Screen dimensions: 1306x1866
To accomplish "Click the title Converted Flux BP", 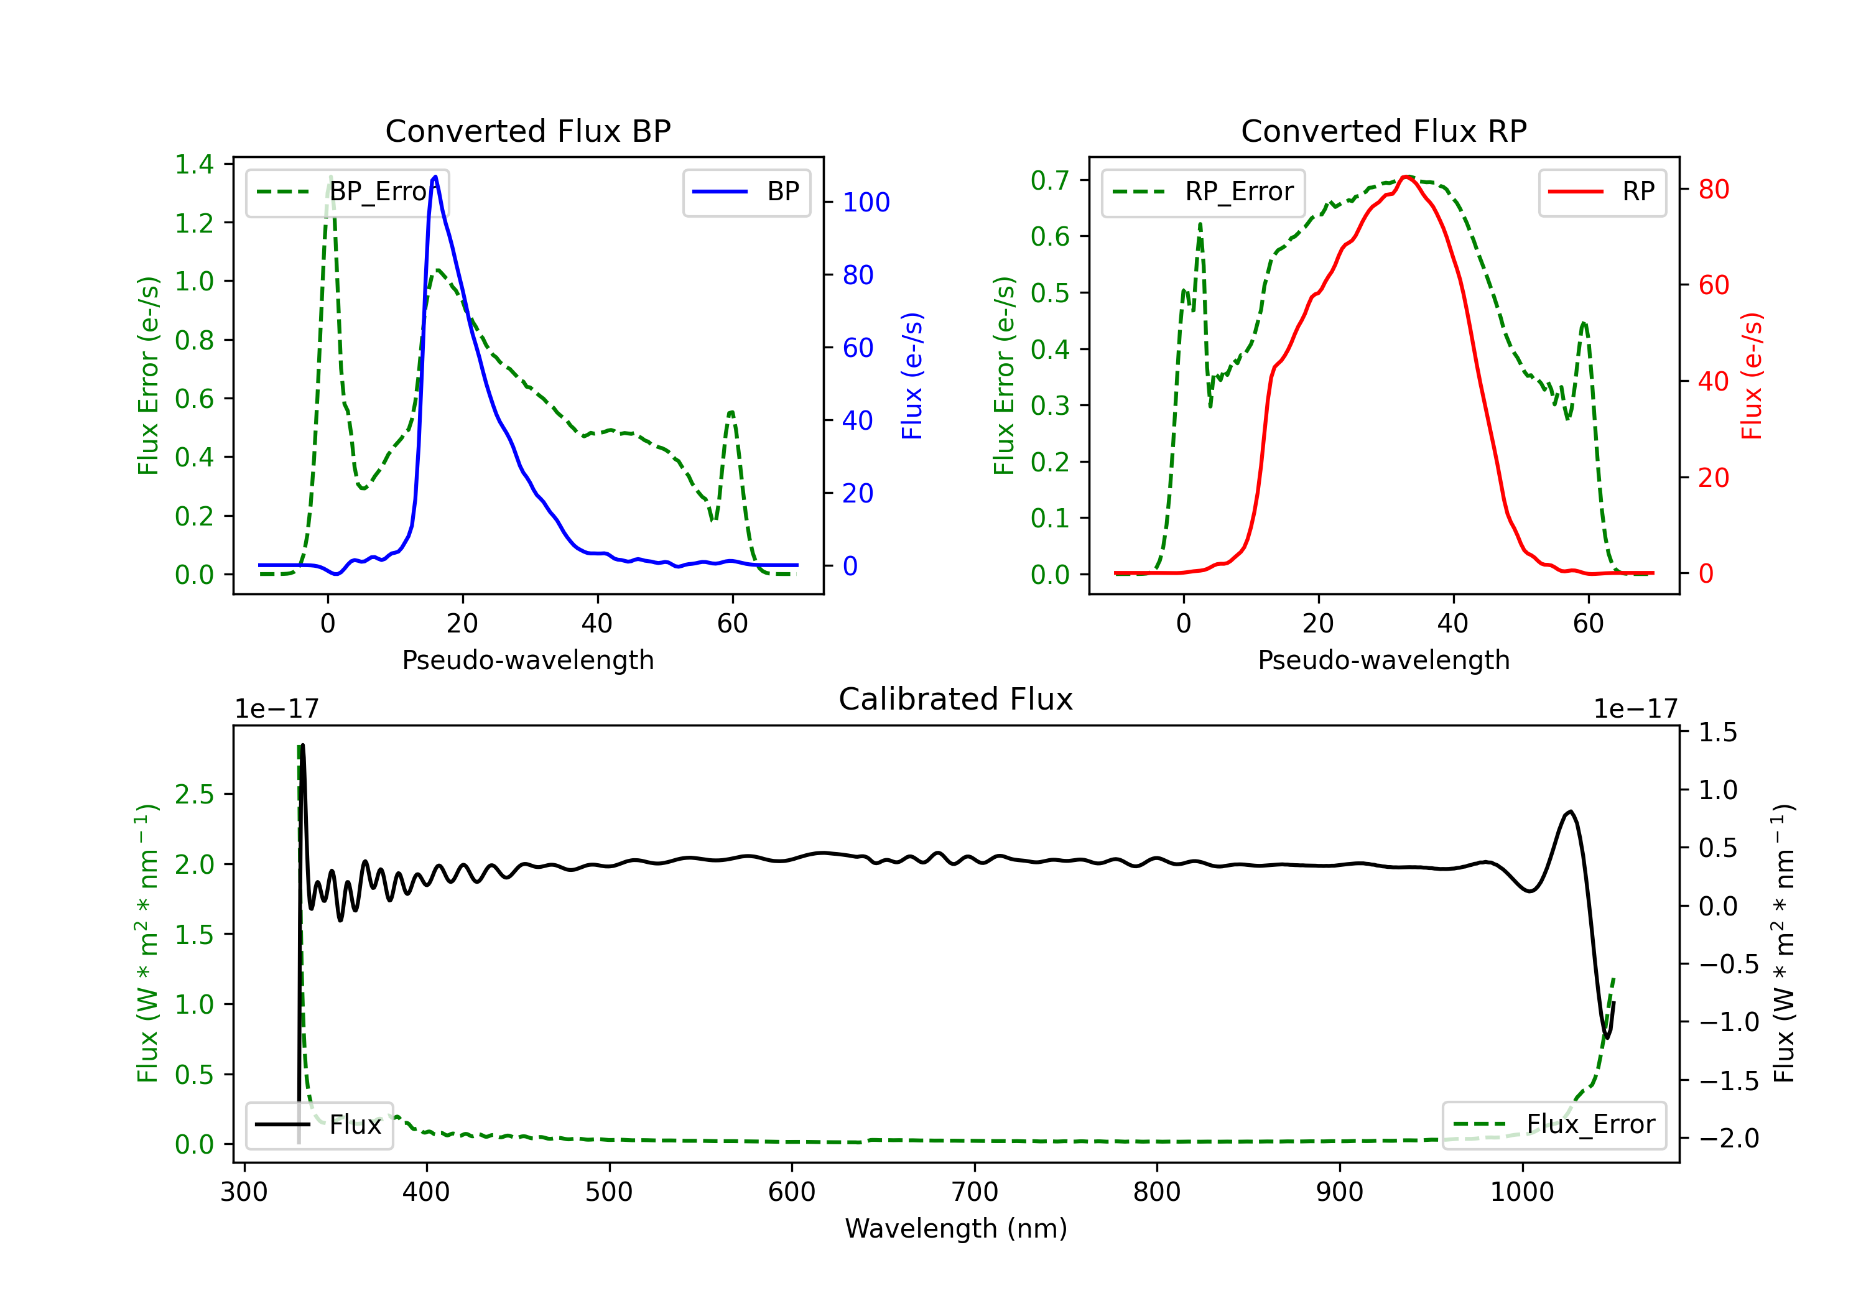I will (527, 131).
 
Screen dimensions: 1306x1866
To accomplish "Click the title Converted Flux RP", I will (1383, 131).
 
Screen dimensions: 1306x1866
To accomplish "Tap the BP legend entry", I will (747, 192).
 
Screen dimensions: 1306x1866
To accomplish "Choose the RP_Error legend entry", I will (1203, 192).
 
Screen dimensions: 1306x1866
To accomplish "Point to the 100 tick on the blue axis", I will (866, 202).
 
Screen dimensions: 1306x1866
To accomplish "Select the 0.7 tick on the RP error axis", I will (1049, 180).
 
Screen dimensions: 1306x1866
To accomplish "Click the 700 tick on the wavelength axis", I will (975, 1192).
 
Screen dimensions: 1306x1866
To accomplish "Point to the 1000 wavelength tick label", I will (1521, 1192).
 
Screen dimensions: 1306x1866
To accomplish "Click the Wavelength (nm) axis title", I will (956, 1228).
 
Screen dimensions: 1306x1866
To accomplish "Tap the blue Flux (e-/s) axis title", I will (912, 376).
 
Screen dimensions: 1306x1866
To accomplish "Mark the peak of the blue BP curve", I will (435, 177).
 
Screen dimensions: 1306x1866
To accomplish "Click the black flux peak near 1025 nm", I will (1570, 811).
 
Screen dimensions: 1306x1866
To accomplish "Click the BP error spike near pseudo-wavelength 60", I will (731, 412).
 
